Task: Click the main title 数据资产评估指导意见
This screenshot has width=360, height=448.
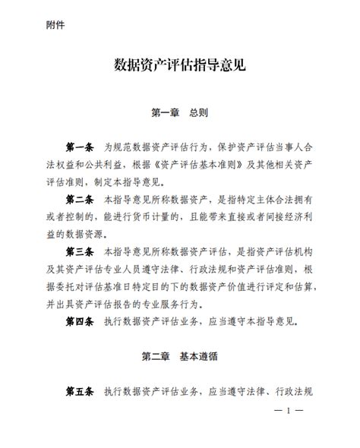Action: [179, 68]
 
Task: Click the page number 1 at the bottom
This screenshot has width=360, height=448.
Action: [289, 410]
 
